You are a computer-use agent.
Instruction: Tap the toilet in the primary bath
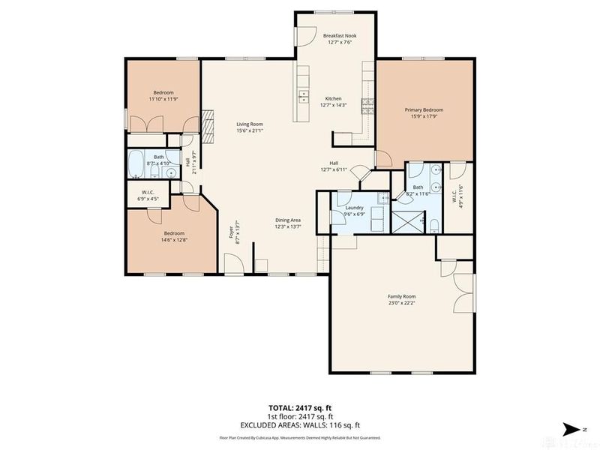tap(434, 223)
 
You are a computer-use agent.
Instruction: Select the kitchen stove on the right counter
tap(367, 104)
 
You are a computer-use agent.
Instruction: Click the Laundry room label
tap(355, 208)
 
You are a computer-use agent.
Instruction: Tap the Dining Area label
tap(287, 220)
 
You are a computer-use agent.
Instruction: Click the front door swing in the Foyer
tap(233, 263)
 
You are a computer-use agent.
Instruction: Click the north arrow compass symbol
tap(573, 428)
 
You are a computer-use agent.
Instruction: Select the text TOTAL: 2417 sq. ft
tap(299, 407)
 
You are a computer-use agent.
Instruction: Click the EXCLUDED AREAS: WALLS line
tap(299, 424)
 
